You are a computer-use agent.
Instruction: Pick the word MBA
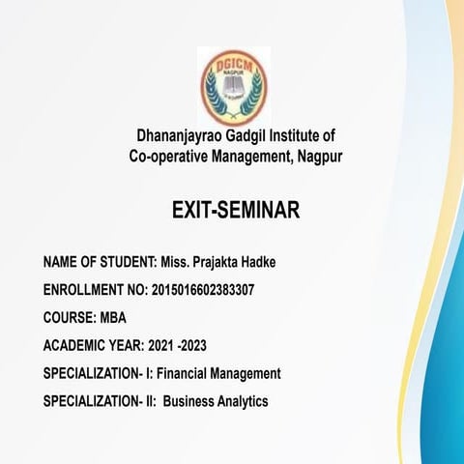[x=112, y=317]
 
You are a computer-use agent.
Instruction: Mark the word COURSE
[x=68, y=317]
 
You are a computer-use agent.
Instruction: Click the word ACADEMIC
[x=74, y=345]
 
